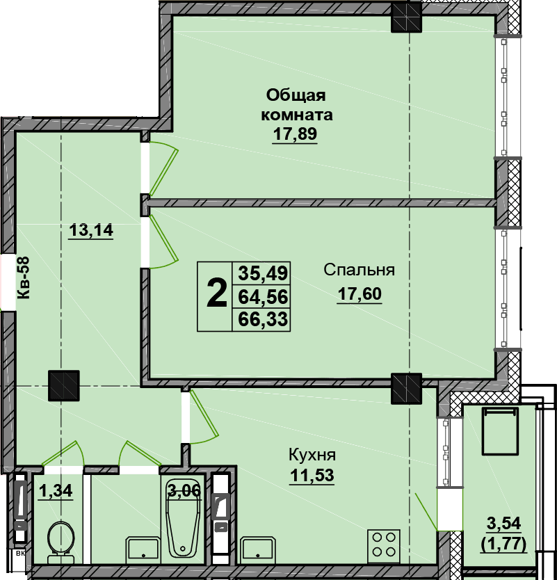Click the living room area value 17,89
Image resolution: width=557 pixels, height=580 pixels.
(295, 134)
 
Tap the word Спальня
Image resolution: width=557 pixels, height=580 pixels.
(359, 270)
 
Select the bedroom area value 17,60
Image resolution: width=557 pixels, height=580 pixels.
(359, 293)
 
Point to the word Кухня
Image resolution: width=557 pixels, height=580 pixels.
(312, 455)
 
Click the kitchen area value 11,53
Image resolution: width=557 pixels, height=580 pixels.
(312, 475)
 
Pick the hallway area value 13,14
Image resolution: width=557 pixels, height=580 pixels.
(91, 230)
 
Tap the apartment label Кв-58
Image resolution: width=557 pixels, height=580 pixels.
(24, 277)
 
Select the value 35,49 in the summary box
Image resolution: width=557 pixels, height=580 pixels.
(263, 273)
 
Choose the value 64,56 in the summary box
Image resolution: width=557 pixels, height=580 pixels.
(263, 297)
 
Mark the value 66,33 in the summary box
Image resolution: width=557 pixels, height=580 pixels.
(263, 319)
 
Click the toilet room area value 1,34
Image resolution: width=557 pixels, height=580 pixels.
(56, 491)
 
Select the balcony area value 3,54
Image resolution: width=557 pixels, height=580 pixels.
(503, 523)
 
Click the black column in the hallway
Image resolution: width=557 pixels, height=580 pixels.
(63, 385)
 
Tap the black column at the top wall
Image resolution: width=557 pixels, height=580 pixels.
(407, 17)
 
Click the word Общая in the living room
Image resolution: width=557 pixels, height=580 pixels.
(296, 95)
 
